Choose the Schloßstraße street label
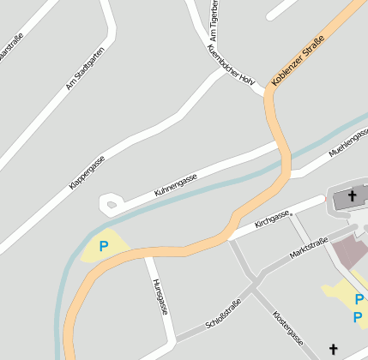pos(225,314)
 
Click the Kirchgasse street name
pos(273,220)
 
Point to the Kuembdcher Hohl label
pos(232,64)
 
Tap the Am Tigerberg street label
pos(214,21)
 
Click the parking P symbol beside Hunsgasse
pos(104,246)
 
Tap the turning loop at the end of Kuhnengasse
pos(111,204)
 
